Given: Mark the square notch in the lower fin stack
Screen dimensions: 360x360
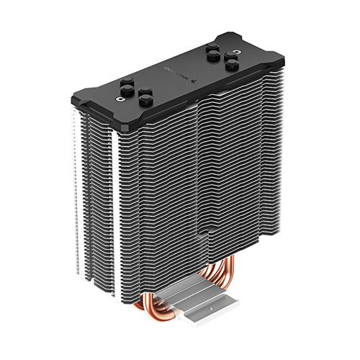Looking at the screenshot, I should point(204,233).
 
